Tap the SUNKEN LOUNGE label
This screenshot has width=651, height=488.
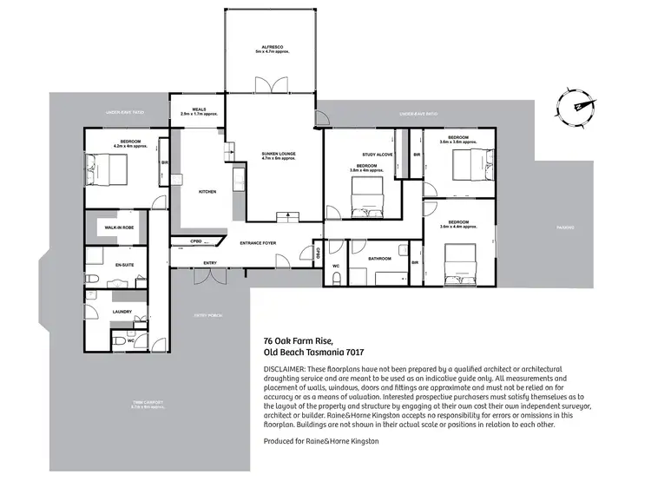pos(279,153)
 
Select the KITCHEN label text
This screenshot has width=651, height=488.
pos(207,192)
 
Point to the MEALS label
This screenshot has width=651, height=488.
pos(198,109)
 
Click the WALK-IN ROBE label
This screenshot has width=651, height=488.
pos(117,227)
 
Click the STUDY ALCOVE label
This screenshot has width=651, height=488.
pos(378,154)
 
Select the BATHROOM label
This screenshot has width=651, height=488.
pos(379,259)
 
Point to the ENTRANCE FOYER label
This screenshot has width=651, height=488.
pos(258,244)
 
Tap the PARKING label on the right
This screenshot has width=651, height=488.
pos(566,228)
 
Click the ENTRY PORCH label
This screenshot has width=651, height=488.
pos(209,314)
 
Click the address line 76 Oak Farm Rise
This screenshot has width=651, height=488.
pos(297,340)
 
